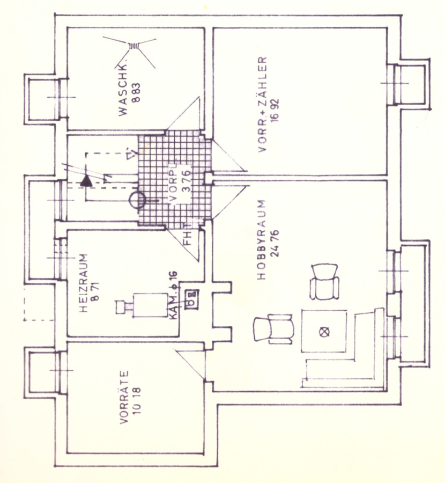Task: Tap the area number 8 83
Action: coord(136,92)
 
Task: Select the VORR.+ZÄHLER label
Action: coord(262,104)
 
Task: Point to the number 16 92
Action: coord(275,110)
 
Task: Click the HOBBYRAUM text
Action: coord(261,240)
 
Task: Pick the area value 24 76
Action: coord(274,243)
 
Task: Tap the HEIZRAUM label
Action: coord(84,283)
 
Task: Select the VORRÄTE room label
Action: coord(124,397)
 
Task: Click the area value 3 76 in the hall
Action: coord(187,181)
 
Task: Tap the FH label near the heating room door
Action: coord(188,237)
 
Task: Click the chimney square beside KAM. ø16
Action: coord(191,297)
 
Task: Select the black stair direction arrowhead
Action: coord(86,181)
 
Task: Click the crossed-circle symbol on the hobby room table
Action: coord(324,332)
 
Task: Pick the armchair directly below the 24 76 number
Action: coord(324,282)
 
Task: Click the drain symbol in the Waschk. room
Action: coord(133,46)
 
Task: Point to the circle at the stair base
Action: coord(136,200)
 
